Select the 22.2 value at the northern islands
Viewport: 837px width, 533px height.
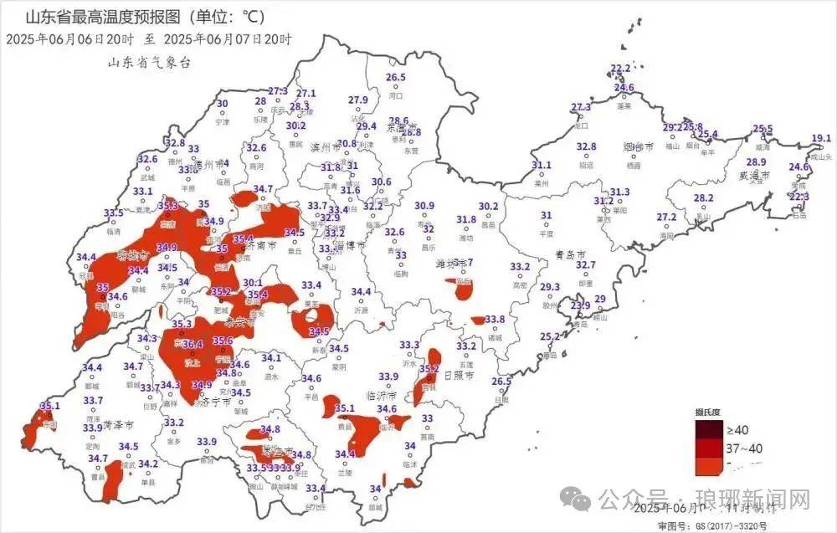tap(620, 69)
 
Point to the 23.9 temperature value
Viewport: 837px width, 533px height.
tap(580, 305)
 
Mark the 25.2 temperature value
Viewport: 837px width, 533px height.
tap(549, 336)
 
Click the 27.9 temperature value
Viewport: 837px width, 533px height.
tap(357, 100)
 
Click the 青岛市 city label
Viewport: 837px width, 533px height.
tap(570, 254)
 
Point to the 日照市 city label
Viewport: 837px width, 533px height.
tap(458, 377)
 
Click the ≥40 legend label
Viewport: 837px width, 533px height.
tap(737, 429)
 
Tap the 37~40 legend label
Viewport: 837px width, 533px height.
tap(743, 448)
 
